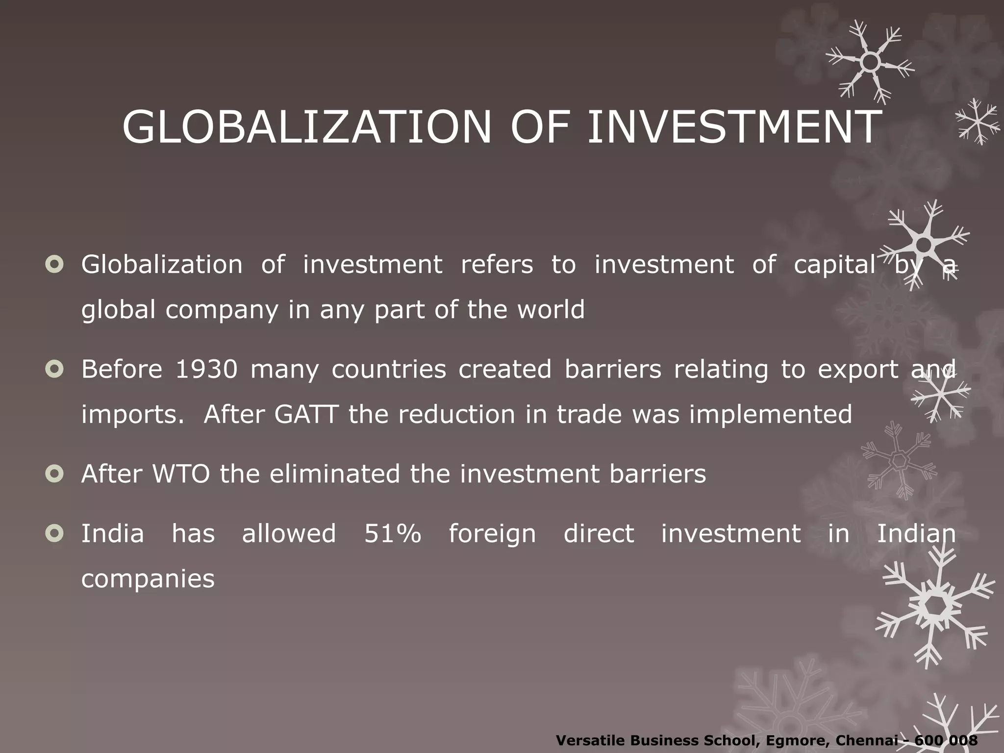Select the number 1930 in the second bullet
pyautogui.click(x=206, y=369)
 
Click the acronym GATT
pyautogui.click(x=306, y=414)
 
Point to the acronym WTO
pyautogui.click(x=181, y=474)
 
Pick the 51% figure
pyautogui.click(x=392, y=533)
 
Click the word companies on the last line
pyautogui.click(x=148, y=579)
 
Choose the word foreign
pyautogui.click(x=492, y=534)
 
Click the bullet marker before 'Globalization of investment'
pyautogui.click(x=54, y=265)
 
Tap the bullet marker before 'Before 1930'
pyautogui.click(x=54, y=369)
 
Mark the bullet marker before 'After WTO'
pyautogui.click(x=54, y=474)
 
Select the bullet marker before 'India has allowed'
pyautogui.click(x=54, y=533)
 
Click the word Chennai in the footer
pyautogui.click(x=870, y=740)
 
